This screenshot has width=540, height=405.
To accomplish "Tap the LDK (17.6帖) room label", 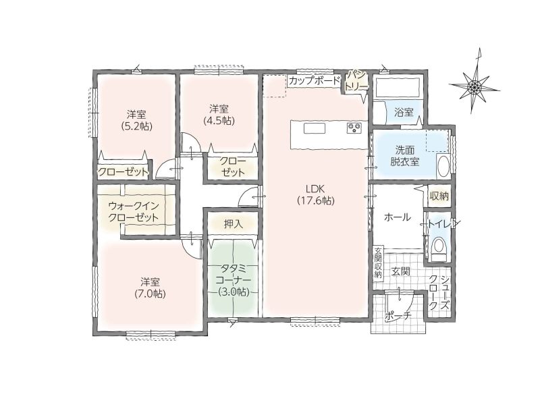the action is point(315,194).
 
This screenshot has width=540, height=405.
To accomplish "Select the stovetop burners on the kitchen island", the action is point(354,128).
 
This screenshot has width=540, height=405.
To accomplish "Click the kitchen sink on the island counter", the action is point(314,128).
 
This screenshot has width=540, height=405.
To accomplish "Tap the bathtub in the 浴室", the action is point(397,88).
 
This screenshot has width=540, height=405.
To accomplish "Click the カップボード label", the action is point(315,81).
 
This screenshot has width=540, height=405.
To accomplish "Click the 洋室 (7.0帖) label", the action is point(150,288).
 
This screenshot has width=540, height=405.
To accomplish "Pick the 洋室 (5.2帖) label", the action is point(136,120).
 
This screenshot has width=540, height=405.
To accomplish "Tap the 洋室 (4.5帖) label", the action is point(219,115).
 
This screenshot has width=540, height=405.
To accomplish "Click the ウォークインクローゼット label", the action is point(134,211).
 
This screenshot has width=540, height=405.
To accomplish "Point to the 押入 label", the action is point(234,224).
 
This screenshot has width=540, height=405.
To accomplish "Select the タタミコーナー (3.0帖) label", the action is point(234,280).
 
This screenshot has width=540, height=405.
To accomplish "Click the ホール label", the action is point(397,217).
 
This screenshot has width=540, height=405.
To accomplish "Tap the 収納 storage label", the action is point(439,196).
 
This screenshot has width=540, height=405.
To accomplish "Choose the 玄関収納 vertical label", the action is point(378,262).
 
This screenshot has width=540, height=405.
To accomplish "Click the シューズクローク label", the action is point(439,292).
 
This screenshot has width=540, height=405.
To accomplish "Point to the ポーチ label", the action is point(398,316).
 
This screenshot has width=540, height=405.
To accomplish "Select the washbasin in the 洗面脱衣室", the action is point(443,166).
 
